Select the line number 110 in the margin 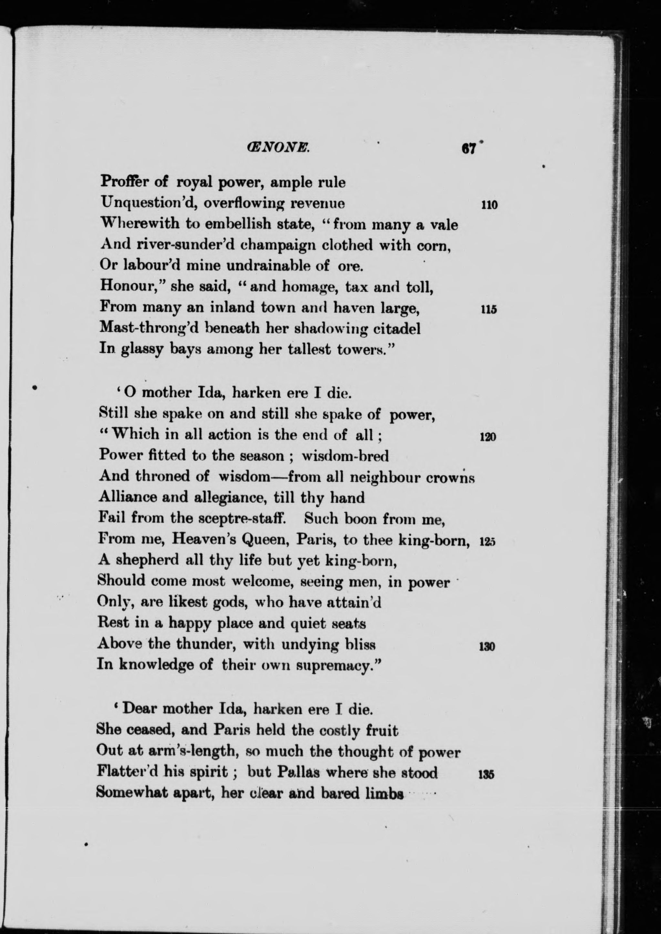489,205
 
